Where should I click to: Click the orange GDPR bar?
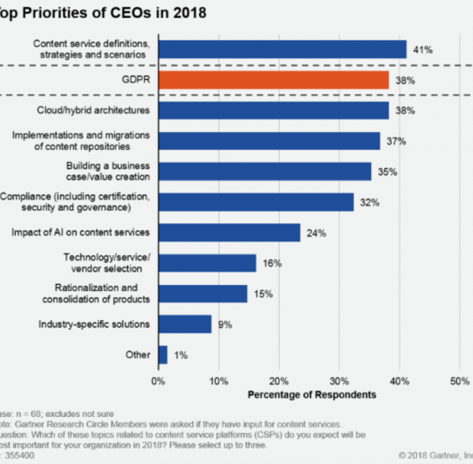click(273, 80)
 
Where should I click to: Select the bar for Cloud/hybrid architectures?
click(273, 111)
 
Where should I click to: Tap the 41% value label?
click(423, 50)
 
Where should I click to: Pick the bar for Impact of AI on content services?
click(229, 232)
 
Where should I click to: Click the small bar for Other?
click(163, 355)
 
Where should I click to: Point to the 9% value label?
click(225, 325)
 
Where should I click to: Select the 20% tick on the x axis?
click(279, 381)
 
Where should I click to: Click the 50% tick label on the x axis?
click(459, 381)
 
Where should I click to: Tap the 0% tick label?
click(158, 381)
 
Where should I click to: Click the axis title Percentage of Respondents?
click(312, 394)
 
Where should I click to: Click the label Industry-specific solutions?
click(94, 324)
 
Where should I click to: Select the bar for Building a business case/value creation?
click(265, 171)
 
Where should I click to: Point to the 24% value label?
click(316, 233)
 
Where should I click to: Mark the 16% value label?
click(272, 263)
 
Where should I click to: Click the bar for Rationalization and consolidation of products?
click(203, 294)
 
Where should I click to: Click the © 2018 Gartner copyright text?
click(434, 455)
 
